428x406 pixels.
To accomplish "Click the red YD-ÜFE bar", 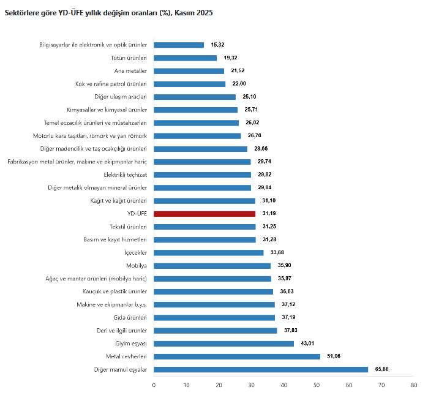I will (205, 214).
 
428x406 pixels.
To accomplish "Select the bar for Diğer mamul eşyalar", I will (261, 369).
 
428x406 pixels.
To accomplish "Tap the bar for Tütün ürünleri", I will (185, 58).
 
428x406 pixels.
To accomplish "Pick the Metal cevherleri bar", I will (237, 356).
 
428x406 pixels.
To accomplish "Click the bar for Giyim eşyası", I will (223, 344).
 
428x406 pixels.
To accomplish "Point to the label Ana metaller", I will (130, 71).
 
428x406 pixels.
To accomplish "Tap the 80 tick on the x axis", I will (414, 385).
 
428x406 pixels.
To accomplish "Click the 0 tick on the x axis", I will (154, 385).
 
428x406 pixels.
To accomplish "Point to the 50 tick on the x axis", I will (317, 385).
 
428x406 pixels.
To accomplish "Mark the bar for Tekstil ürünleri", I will (205, 227).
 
